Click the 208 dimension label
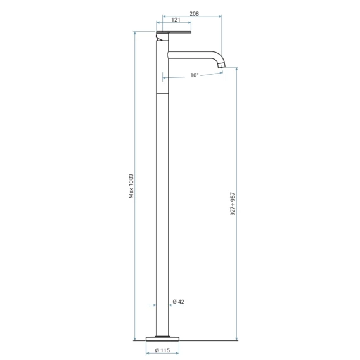click(x=194, y=14)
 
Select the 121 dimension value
click(x=176, y=20)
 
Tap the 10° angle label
click(x=195, y=75)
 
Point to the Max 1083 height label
click(x=131, y=186)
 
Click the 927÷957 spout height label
click(x=233, y=204)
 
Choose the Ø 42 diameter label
click(x=178, y=302)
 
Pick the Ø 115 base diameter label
click(x=162, y=350)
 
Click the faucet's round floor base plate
click(x=162, y=338)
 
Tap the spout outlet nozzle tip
click(x=221, y=65)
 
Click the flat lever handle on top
click(x=174, y=32)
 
